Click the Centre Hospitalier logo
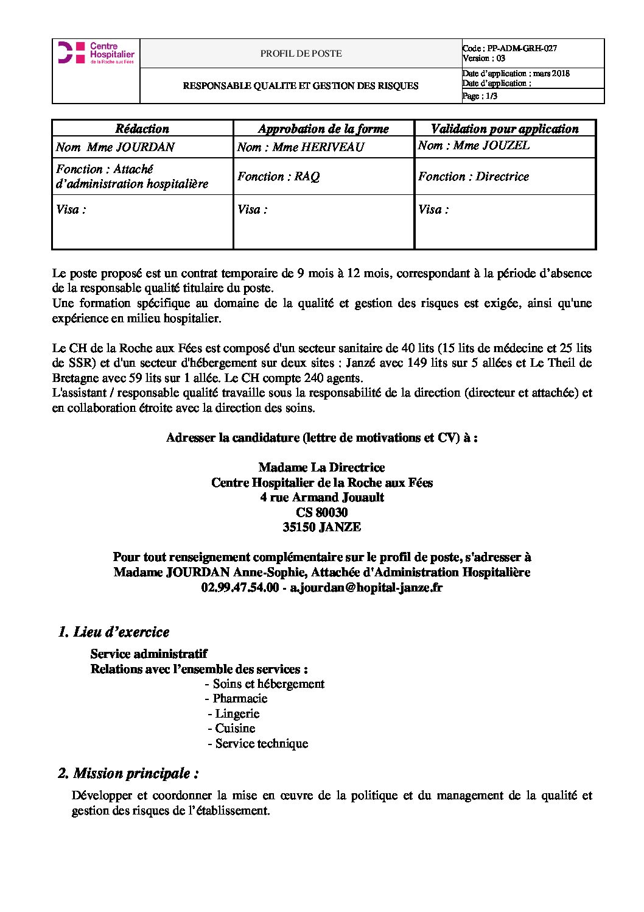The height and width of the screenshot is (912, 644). pos(96,53)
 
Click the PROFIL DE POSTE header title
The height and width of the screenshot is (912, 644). pos(301,54)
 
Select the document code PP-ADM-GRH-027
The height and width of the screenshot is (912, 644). pos(522,48)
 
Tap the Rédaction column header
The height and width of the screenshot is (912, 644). pos(142,129)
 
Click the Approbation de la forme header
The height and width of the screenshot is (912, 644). pos(323,129)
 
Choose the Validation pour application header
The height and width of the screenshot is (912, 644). pos(504,129)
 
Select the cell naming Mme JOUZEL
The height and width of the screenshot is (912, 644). pos(474,145)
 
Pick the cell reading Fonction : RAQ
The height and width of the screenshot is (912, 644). pos(278,177)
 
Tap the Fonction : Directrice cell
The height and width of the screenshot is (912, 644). pos(473,177)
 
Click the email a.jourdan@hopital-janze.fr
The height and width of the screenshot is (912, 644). pos(366,587)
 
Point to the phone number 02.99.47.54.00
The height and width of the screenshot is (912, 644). pos(240,587)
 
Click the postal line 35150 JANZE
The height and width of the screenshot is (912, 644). pos(321,527)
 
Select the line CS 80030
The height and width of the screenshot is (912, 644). pos(321,512)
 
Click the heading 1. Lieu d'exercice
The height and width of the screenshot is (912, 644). pos(113,632)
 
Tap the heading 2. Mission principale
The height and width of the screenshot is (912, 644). pos(128,773)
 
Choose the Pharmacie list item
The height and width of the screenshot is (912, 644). pos(239,698)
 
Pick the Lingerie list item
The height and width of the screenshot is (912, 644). pos(237,713)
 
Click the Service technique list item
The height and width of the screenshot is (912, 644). pos(261,743)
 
